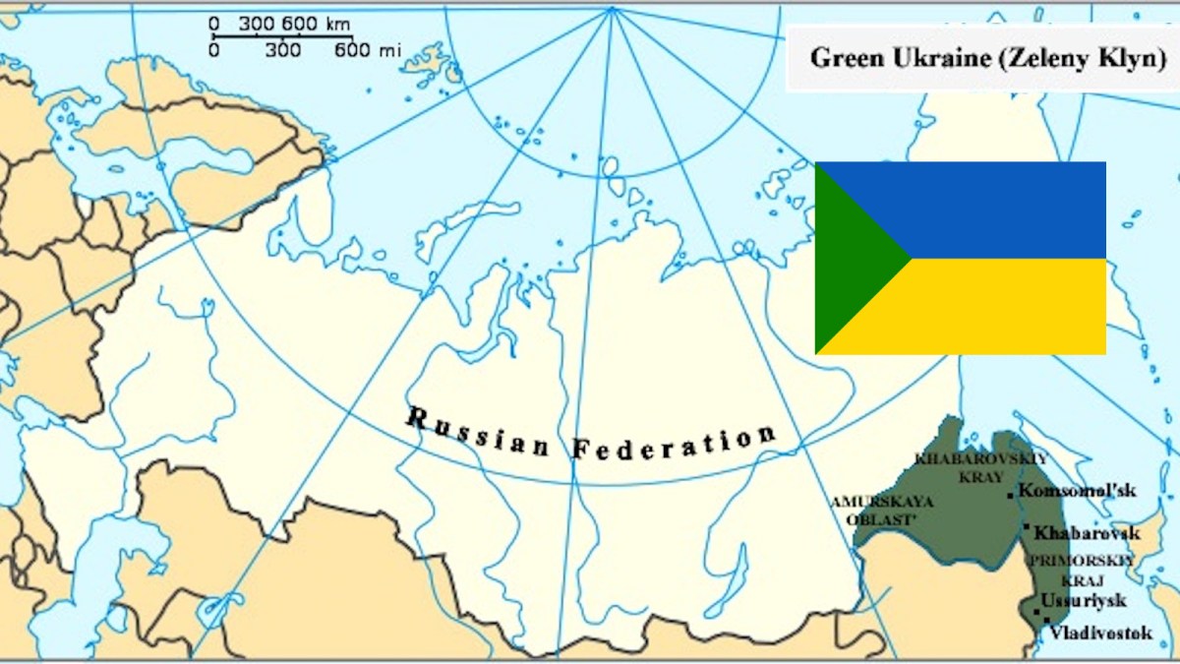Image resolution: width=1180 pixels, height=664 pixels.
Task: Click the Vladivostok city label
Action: [1100, 634]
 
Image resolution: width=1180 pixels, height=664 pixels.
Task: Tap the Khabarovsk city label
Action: [1087, 533]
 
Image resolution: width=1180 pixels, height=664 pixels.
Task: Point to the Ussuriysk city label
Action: [1084, 600]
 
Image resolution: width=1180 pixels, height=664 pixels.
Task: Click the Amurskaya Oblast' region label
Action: [882, 510]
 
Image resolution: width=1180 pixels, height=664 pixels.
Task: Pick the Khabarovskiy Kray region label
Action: [980, 467]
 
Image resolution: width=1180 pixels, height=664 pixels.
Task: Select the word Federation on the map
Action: [674, 443]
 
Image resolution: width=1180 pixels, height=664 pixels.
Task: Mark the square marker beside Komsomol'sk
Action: [1010, 496]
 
